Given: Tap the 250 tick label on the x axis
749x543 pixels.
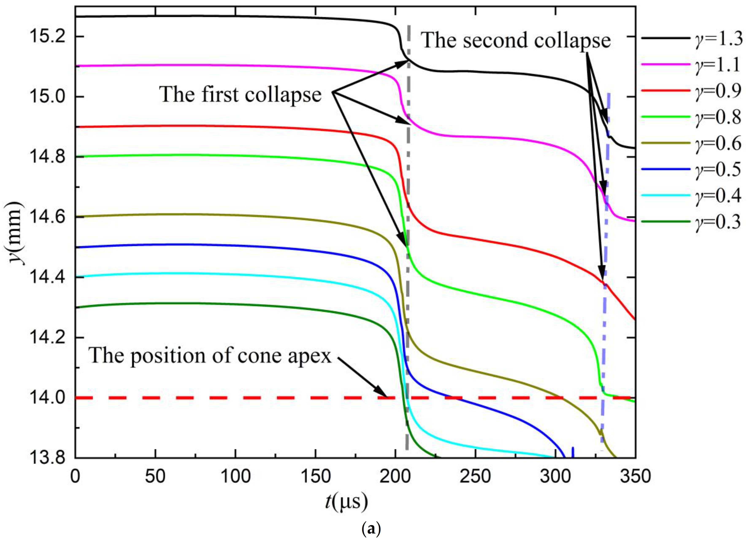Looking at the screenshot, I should click(475, 476).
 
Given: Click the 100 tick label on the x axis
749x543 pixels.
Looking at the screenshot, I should click(235, 476).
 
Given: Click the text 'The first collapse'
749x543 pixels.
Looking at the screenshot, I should click(240, 94).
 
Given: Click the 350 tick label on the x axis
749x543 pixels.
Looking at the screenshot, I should click(635, 476).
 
